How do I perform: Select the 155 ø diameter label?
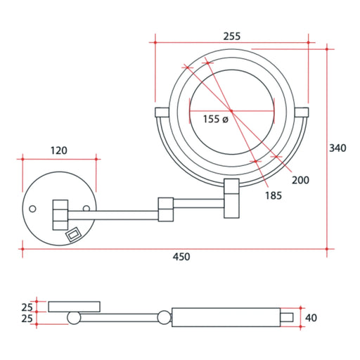point(215,119)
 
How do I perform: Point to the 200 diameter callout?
point(300,181)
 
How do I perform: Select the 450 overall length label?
point(181,257)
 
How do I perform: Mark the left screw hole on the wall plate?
point(32,209)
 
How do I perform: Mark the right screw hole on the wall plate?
point(86,209)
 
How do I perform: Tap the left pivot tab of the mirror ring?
point(161,111)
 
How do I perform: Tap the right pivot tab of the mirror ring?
point(302,111)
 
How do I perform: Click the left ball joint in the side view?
point(73,319)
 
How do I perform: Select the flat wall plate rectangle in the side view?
point(73,306)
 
